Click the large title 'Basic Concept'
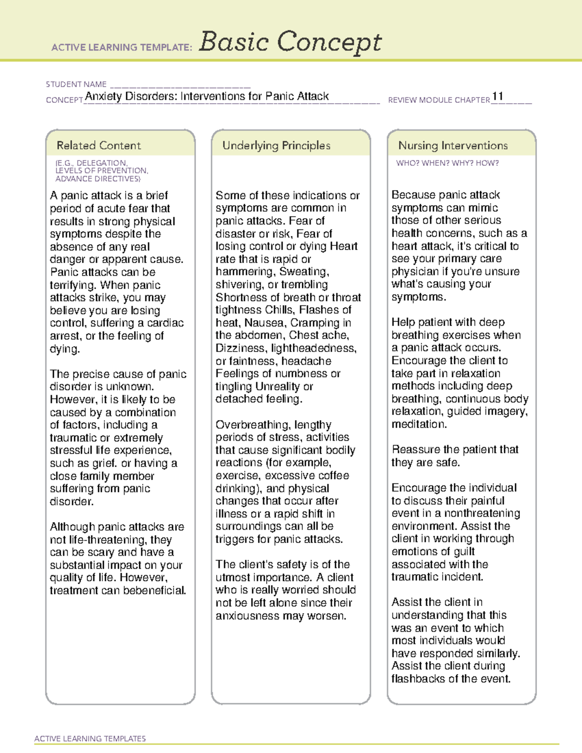[290, 42]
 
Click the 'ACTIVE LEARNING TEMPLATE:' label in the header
[122, 48]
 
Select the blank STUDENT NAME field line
[180, 84]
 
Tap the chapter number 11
[498, 96]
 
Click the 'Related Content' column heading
[98, 145]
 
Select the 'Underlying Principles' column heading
[276, 145]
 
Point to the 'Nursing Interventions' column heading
[453, 145]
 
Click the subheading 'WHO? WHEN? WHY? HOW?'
[447, 163]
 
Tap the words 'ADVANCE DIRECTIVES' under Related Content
[97, 179]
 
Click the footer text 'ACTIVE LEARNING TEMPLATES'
[90, 738]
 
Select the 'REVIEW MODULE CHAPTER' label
[439, 100]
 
